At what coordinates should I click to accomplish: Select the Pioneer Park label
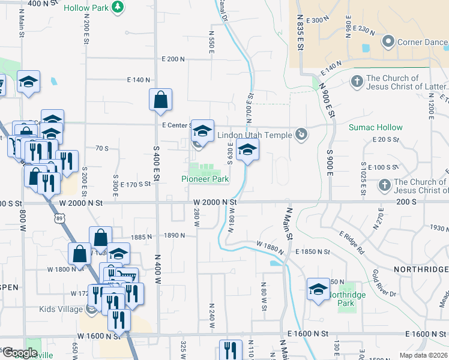[205, 179]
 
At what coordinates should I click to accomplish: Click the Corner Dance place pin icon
[388, 42]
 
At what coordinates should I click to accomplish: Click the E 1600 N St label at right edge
[426, 334]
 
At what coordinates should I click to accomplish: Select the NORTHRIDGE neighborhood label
[421, 269]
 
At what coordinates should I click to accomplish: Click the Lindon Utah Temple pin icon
[303, 134]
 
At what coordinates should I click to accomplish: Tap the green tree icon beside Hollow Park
[119, 6]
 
